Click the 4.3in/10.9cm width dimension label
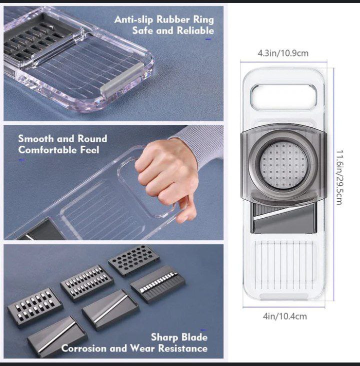283,53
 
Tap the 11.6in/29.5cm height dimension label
338,177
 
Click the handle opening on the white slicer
283,96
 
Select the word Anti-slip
134,20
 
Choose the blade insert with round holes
133,260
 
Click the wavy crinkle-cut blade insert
157,284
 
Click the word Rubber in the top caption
173,20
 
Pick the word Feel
88,150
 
